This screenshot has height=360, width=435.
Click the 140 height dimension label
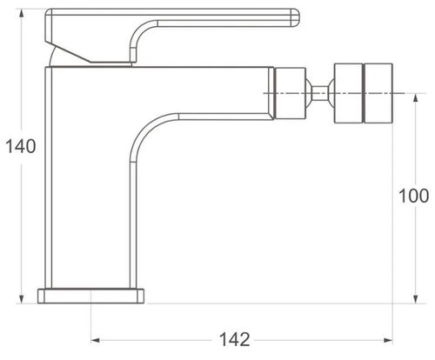click(x=21, y=146)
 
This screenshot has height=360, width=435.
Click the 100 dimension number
click(x=414, y=196)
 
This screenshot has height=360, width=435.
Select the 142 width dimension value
click(x=234, y=339)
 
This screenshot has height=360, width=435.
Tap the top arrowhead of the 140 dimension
click(x=21, y=13)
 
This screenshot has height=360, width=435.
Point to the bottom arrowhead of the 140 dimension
click(x=21, y=299)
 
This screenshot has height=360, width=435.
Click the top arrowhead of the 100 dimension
click(x=416, y=98)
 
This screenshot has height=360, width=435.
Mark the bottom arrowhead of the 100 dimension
click(x=416, y=299)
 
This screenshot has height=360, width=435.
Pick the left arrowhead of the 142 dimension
click(x=96, y=340)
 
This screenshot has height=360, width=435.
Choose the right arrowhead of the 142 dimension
click(x=388, y=340)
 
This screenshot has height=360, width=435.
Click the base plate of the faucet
click(x=90, y=296)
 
